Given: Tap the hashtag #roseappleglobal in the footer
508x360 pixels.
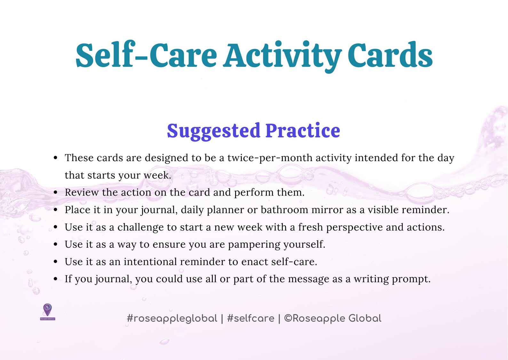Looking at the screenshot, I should click(172, 318).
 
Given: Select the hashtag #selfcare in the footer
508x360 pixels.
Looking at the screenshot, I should click(250, 318).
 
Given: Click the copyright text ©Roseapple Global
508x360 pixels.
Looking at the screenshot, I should click(333, 318).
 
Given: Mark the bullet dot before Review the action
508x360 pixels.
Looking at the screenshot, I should click(56, 192).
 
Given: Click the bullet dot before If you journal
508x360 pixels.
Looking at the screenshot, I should click(56, 279).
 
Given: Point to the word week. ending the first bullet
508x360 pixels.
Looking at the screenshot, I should click(157, 175).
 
